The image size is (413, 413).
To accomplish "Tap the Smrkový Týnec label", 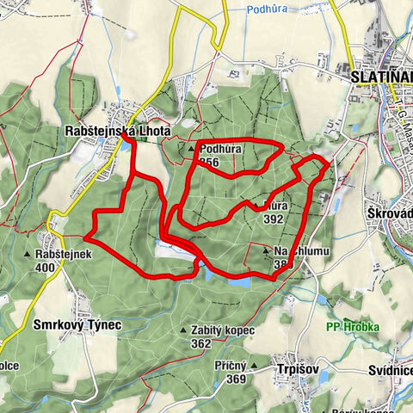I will click(77, 325).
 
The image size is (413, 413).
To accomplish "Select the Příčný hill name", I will click(231, 366).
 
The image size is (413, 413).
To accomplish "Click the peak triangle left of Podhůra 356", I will click(191, 150).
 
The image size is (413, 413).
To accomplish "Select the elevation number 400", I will click(46, 268).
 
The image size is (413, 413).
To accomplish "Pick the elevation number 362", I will click(201, 343).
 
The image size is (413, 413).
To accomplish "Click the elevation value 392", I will click(274, 219).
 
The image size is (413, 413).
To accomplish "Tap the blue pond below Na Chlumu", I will click(237, 280).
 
